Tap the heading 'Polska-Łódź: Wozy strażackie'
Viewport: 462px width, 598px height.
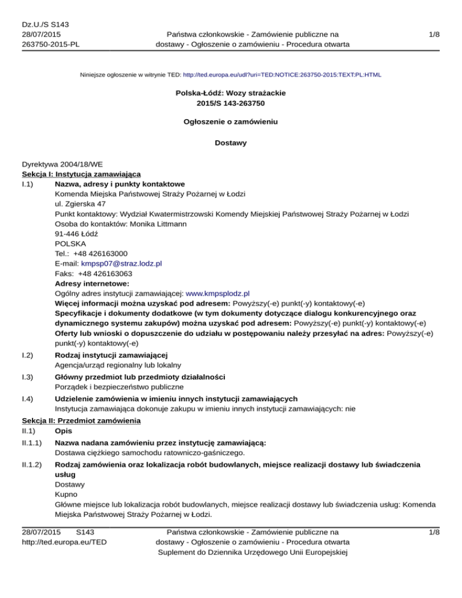tap(231, 94)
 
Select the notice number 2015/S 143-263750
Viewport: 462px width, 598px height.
tap(231, 104)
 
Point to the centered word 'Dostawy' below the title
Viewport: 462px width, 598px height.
tap(231, 143)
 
